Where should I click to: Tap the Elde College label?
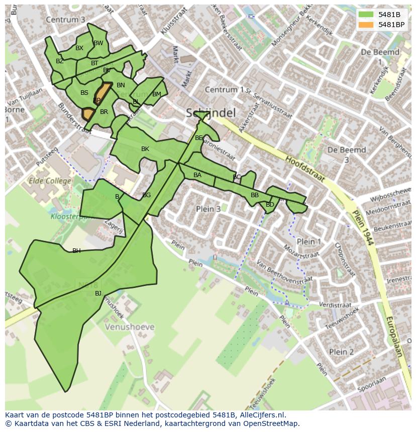[x=49, y=181]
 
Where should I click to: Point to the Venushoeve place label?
[x=130, y=327]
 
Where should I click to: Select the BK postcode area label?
[x=145, y=149]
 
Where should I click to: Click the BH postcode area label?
[x=76, y=251]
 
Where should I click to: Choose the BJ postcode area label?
[x=98, y=294]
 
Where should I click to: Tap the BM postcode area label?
[x=156, y=94]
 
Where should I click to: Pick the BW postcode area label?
[x=98, y=43]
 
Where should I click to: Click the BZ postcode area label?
[x=60, y=61]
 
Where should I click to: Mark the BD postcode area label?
[x=270, y=205]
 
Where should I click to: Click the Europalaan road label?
[x=394, y=336]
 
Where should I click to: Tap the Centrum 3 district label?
[x=65, y=20]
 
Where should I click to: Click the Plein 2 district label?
[x=341, y=352]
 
